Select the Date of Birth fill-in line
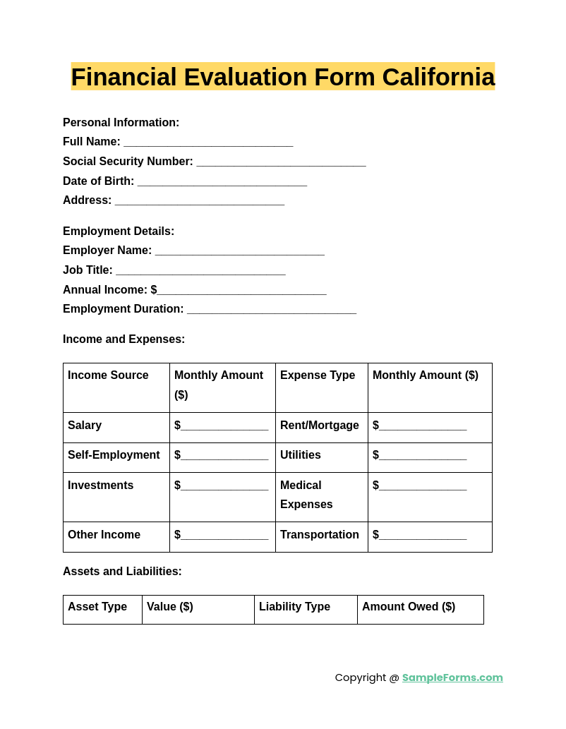click(222, 182)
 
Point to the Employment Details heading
click(119, 231)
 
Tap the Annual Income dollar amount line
click(241, 291)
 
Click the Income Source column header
click(108, 375)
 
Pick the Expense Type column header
click(318, 375)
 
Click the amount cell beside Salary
click(222, 426)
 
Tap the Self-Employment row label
click(114, 455)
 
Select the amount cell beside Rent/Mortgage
click(420, 426)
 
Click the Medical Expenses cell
click(306, 495)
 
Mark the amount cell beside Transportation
click(420, 536)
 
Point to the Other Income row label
click(104, 535)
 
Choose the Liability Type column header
click(294, 607)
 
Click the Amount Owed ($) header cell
click(409, 607)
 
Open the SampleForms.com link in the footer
click(452, 677)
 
